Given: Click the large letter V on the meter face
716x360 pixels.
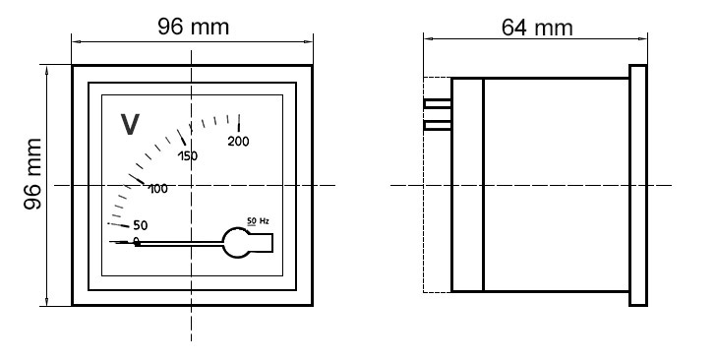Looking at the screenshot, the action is pos(130,124).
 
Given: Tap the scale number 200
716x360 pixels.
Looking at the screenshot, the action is pos(238,142).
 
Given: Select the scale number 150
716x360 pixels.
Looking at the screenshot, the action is pos(188,156).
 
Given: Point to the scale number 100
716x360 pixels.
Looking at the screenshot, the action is pos(158,189).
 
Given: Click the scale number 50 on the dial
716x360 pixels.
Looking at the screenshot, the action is pos(141,225).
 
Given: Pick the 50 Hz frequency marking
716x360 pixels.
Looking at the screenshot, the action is pos(258,221).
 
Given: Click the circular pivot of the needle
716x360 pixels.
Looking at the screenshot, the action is pos(236,243).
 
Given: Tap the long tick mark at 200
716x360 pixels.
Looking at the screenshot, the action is pos(239,123).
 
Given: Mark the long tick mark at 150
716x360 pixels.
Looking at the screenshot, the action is pos(181,137).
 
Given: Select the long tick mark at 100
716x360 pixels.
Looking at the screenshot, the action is pos(137,179).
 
